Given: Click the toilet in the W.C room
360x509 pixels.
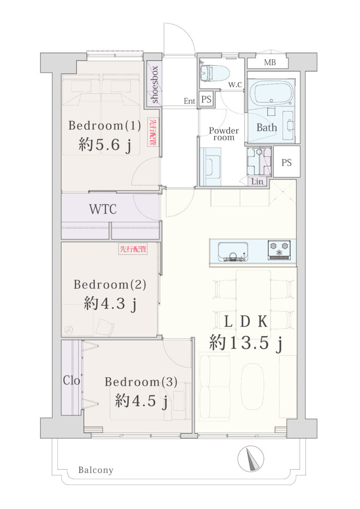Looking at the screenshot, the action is pos(214,73).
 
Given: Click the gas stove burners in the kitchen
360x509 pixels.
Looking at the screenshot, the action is pos(279,250).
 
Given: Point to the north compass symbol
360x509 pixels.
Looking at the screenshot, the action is pos(251,459).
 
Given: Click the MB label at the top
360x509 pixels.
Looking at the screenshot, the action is pos(270,62).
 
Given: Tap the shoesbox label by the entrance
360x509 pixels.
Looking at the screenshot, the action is pos(155,84).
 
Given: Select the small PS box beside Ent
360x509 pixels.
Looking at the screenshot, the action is pos(206,99).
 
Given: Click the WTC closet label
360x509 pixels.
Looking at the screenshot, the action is pos(103,209).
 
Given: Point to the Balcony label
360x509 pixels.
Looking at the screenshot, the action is pos(96,470).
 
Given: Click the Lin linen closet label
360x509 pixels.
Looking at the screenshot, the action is pos(257,181).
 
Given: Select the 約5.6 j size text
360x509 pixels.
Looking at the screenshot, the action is pos(105,144).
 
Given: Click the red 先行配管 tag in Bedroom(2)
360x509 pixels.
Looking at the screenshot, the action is pos(133,249).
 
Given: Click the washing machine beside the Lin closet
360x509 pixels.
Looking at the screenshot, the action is pos(259,161).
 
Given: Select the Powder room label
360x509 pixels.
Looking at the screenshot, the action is pos(224,134).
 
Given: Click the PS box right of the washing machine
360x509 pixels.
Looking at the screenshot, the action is pos(286,162).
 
